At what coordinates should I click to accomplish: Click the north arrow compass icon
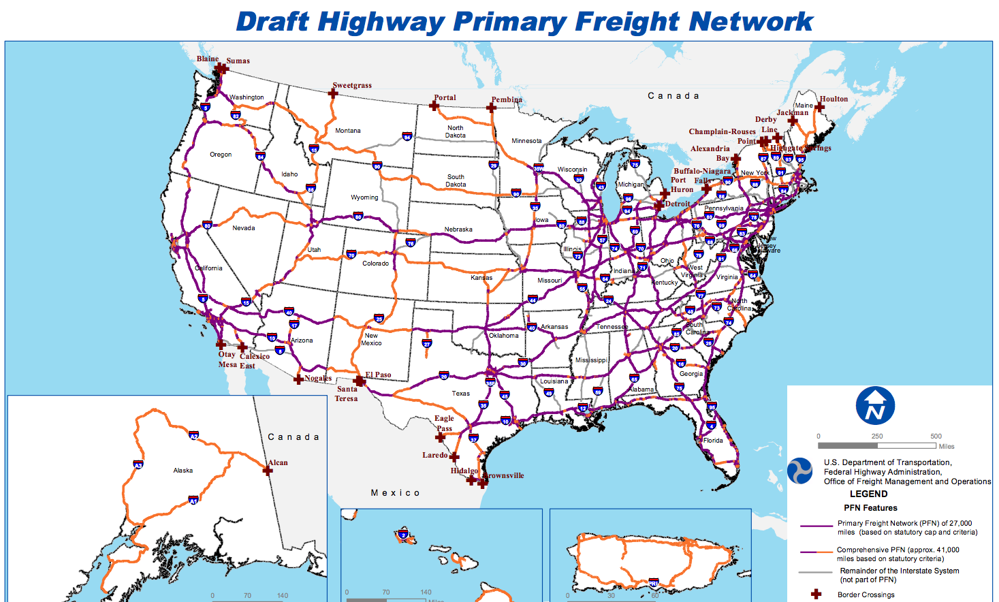coord(875,406)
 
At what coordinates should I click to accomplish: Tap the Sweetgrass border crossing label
coord(352,86)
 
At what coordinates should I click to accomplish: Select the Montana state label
coord(348,131)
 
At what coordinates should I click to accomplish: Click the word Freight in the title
coord(627,22)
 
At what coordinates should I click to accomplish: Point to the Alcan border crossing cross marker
coord(268,470)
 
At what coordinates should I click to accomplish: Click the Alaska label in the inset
coord(183,471)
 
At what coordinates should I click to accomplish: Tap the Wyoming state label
coord(364,197)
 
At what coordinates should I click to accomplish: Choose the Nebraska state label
coord(458,229)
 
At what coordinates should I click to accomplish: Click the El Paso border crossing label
coord(378,375)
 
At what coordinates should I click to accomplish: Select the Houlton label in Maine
coord(834,99)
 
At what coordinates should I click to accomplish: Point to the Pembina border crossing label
coord(507,100)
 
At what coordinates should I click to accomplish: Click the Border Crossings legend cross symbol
coord(816,595)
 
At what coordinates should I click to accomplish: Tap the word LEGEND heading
coord(868,494)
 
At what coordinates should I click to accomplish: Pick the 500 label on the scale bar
coord(936,437)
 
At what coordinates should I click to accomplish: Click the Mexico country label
coord(395,493)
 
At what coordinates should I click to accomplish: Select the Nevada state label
coord(244,228)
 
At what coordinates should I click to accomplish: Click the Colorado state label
coord(375,264)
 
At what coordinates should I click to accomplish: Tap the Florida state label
coord(713,441)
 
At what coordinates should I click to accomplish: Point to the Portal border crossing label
coord(445,98)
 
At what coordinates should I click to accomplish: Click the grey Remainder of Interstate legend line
coord(816,572)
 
